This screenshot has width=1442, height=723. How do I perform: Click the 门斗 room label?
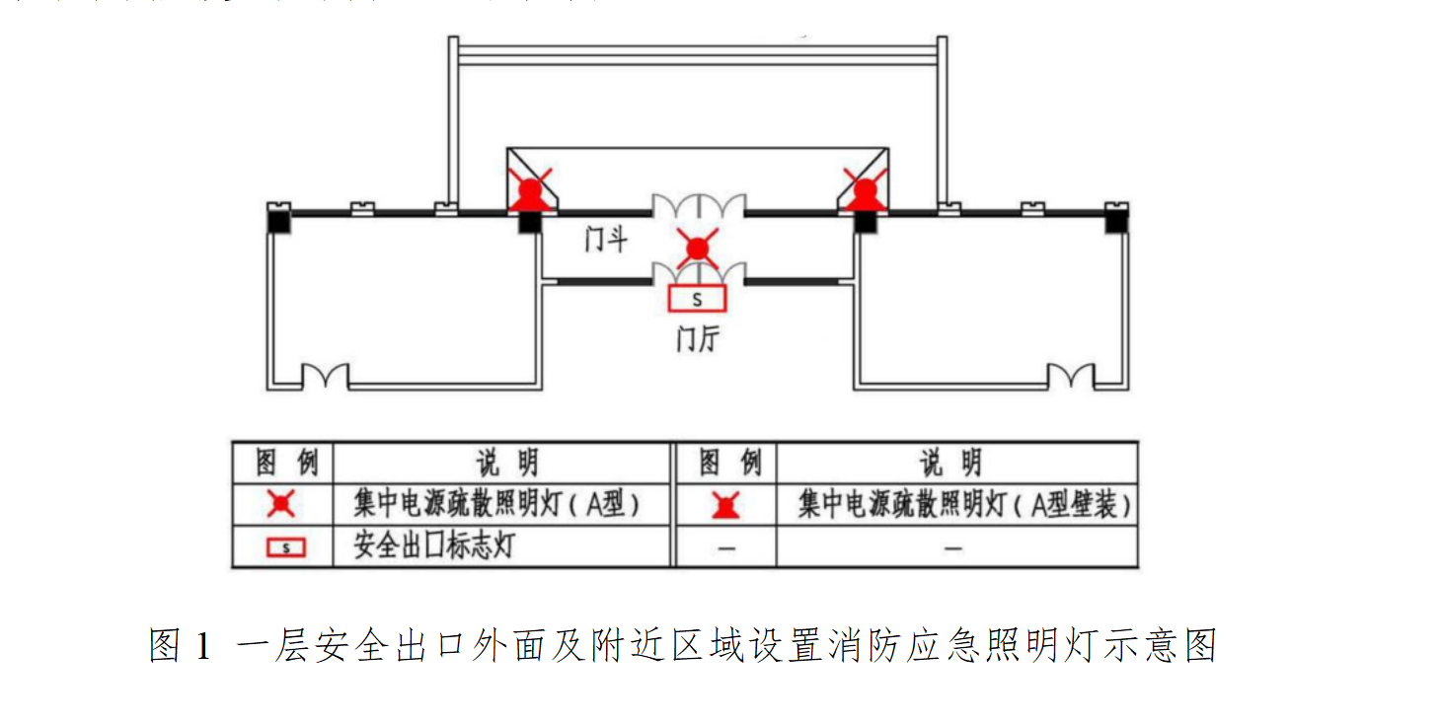point(605,239)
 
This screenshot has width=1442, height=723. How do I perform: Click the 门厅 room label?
point(698,339)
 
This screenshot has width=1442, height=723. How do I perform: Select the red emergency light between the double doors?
point(698,247)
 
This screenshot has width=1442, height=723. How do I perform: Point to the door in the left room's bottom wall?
point(325,377)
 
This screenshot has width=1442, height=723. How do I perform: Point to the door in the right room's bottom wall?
point(1070,377)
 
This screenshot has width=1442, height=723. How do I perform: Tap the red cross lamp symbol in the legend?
point(282,505)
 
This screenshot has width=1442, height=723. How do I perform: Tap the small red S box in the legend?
point(285,546)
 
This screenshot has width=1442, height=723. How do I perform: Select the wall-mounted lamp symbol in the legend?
point(726,506)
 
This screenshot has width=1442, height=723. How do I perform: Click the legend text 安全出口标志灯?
point(433,546)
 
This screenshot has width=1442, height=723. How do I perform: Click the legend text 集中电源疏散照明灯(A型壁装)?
point(963,505)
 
